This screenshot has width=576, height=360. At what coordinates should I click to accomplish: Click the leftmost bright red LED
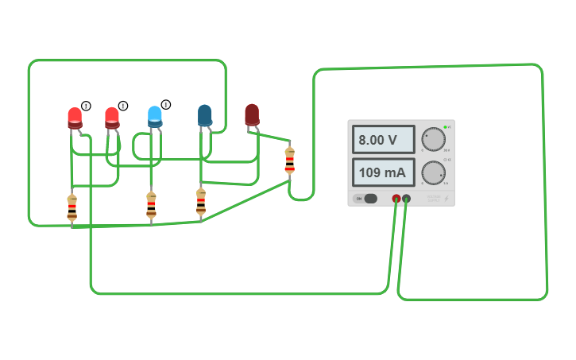(75, 118)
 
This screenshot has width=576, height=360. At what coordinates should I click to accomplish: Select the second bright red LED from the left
(112, 118)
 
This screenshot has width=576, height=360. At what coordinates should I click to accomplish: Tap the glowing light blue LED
(155, 117)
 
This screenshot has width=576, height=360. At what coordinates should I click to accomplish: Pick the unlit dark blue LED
(205, 115)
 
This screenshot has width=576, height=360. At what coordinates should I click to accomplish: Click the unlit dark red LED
(252, 114)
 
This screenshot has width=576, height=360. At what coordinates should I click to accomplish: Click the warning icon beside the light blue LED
(166, 104)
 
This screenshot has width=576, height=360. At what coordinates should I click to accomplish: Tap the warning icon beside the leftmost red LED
(86, 106)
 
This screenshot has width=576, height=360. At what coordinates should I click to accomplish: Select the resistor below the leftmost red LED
(72, 207)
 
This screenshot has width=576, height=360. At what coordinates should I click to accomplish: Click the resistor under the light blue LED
(151, 205)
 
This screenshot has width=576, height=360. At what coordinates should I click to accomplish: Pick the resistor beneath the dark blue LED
(201, 202)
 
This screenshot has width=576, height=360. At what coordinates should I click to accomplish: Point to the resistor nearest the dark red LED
(289, 161)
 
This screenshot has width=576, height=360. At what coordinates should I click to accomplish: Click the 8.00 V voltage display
(383, 140)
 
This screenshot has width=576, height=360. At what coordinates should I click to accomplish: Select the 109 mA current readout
(383, 172)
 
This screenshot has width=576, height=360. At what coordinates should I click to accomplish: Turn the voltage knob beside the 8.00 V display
(433, 139)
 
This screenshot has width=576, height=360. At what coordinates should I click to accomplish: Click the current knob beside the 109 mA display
(433, 172)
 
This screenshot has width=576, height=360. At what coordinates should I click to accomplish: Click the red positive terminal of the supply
(396, 199)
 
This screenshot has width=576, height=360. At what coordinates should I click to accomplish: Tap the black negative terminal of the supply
(407, 199)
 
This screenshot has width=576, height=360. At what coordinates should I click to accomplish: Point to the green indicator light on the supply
(446, 127)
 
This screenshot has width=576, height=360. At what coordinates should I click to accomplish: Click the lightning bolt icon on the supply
(446, 198)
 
